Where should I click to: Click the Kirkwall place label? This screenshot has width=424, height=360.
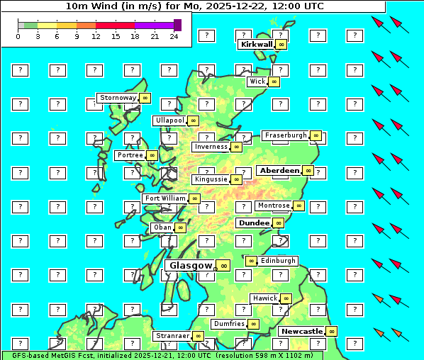256,44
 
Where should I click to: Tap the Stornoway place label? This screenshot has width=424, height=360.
118,97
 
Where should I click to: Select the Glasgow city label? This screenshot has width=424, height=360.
191,266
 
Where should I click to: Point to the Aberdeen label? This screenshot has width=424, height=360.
279,171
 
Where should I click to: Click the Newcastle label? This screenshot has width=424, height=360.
302,331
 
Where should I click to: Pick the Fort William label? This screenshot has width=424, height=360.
164,198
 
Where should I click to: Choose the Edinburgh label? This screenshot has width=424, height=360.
277,261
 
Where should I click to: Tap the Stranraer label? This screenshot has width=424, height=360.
172,335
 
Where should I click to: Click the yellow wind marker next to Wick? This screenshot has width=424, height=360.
274,81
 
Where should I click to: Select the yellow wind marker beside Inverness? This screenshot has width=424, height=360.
236,147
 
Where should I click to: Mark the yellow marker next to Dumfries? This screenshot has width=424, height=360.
253,324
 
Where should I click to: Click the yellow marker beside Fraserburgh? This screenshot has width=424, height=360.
316,135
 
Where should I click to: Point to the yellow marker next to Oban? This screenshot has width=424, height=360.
181,227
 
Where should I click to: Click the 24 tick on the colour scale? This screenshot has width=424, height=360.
174,36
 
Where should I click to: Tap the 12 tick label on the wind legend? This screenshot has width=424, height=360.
96,36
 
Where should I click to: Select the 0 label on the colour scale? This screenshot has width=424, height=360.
18,36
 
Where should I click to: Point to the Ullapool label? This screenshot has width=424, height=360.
169,120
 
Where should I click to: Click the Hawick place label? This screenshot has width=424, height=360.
264,298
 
